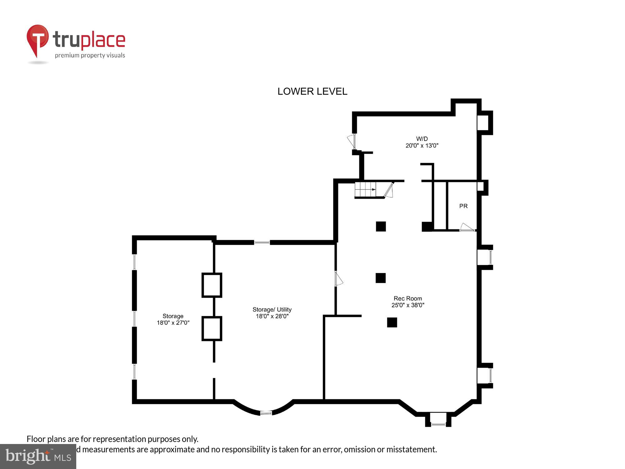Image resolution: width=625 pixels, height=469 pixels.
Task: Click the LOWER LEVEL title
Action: [x=312, y=91]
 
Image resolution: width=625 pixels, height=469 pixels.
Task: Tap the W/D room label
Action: [x=422, y=139]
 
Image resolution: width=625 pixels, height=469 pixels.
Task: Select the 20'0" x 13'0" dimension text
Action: [x=422, y=145]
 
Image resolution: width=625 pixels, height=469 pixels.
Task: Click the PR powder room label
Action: [x=463, y=206]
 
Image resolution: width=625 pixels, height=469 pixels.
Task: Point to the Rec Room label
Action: [x=407, y=298]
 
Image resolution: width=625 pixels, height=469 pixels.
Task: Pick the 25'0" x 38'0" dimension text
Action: [x=407, y=305]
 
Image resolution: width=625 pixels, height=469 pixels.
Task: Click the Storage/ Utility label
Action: [x=272, y=309]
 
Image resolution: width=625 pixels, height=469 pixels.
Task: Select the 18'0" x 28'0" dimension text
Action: [x=272, y=316]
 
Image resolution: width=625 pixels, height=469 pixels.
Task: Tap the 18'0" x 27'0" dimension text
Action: [x=173, y=323]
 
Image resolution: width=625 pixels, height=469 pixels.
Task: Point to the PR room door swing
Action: [x=467, y=227]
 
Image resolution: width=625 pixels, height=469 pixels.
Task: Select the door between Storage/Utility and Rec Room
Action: [x=338, y=279]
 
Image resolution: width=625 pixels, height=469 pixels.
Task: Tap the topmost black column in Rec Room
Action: [x=381, y=226]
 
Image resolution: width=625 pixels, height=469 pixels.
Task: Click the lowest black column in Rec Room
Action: [x=392, y=322]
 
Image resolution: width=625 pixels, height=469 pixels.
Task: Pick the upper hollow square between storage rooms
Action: [x=212, y=285]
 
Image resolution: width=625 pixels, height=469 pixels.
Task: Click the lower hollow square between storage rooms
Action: [x=212, y=328]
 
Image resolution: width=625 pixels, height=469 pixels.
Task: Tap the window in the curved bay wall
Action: [x=266, y=413]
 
